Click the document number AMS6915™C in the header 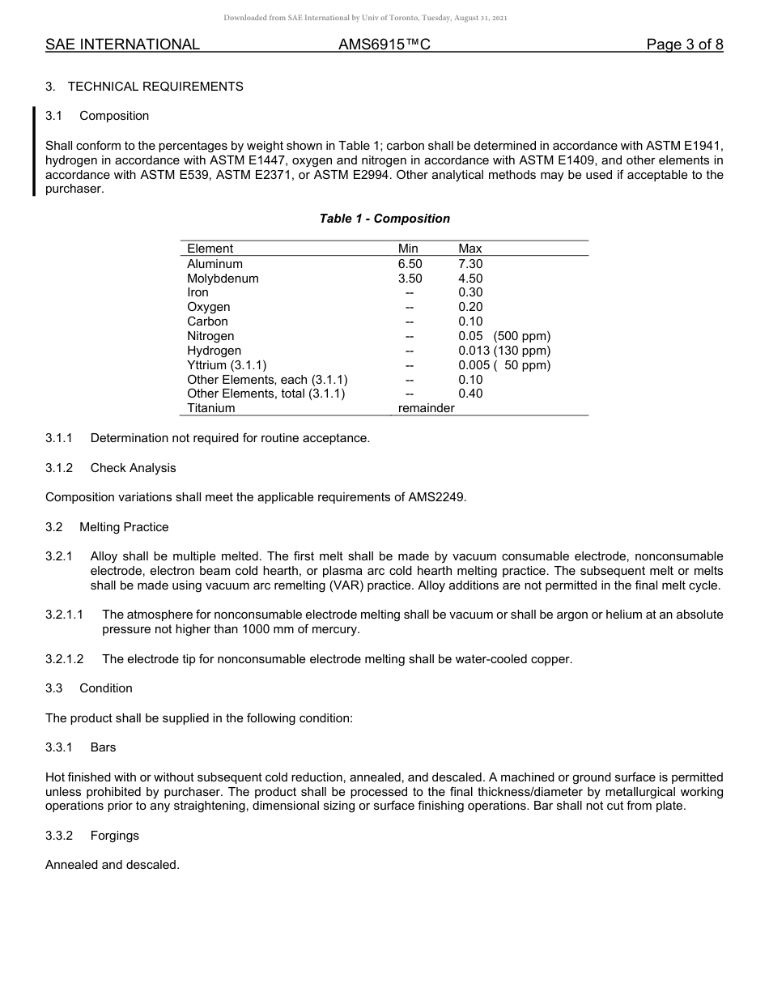tap(384, 45)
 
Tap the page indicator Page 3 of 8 tap(684, 45)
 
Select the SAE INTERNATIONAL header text tap(122, 45)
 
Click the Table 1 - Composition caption tap(384, 219)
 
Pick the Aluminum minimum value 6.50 tap(410, 264)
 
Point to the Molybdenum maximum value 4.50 tap(470, 279)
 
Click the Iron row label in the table tap(198, 292)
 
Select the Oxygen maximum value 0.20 tap(470, 307)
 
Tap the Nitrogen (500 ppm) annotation tap(521, 336)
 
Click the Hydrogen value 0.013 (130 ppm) tap(503, 351)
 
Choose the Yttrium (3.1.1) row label tap(227, 365)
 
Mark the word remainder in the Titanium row tap(426, 408)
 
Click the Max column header tap(469, 249)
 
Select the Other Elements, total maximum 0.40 tap(470, 394)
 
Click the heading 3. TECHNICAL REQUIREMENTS tap(144, 87)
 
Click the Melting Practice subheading tap(124, 527)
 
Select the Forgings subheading tap(114, 836)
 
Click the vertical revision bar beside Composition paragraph tap(34, 152)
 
